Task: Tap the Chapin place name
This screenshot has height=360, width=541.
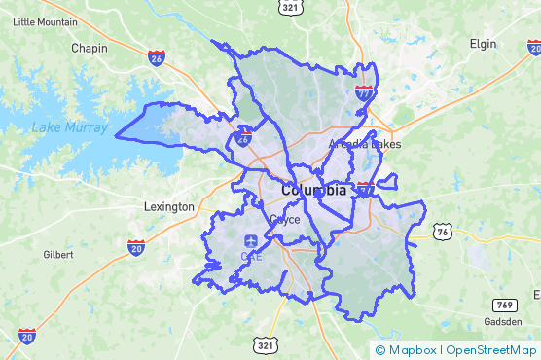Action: click(x=90, y=47)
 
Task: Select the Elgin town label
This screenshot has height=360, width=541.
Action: click(x=482, y=44)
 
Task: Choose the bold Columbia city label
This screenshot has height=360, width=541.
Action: click(x=313, y=191)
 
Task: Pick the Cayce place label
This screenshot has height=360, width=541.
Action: click(x=284, y=220)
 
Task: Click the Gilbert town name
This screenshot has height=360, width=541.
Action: click(x=58, y=254)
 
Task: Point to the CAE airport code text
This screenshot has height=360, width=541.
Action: click(x=251, y=257)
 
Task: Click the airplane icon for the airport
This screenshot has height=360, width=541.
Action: click(x=251, y=240)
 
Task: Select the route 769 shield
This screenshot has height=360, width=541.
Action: click(x=503, y=279)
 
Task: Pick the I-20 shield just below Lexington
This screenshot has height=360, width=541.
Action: click(x=136, y=247)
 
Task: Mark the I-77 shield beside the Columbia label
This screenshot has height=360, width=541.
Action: click(x=365, y=188)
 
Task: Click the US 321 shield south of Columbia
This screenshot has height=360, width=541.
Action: click(x=266, y=344)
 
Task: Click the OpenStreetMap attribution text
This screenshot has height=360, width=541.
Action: click(x=492, y=349)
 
